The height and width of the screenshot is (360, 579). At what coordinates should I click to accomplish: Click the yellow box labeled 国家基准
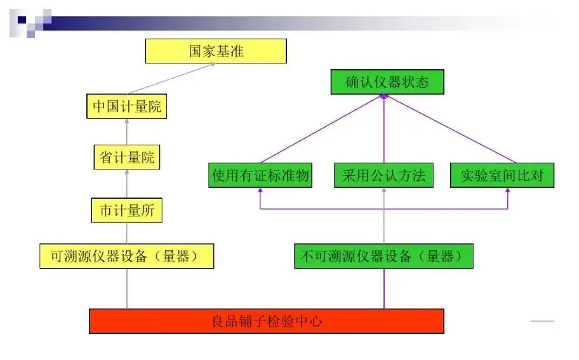[216, 51]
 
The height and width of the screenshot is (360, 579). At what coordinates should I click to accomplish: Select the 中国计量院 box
[127, 106]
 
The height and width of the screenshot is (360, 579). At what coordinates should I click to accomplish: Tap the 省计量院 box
[127, 157]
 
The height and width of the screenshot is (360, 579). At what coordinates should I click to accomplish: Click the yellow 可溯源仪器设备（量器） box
[127, 256]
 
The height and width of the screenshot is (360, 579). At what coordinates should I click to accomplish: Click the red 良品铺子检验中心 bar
[266, 321]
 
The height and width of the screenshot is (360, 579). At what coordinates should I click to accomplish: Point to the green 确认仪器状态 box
[387, 83]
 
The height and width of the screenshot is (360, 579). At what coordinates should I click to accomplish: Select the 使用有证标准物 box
[260, 175]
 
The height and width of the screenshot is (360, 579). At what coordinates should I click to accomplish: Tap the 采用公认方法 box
[384, 175]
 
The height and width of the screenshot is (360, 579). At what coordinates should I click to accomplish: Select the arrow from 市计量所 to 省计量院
[127, 184]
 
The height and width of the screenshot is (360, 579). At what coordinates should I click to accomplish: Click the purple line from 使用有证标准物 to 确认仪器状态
[321, 129]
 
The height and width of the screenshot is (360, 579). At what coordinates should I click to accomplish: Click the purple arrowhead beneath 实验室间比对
[508, 190]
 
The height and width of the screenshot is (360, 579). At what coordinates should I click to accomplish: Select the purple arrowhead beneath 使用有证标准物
[260, 190]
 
